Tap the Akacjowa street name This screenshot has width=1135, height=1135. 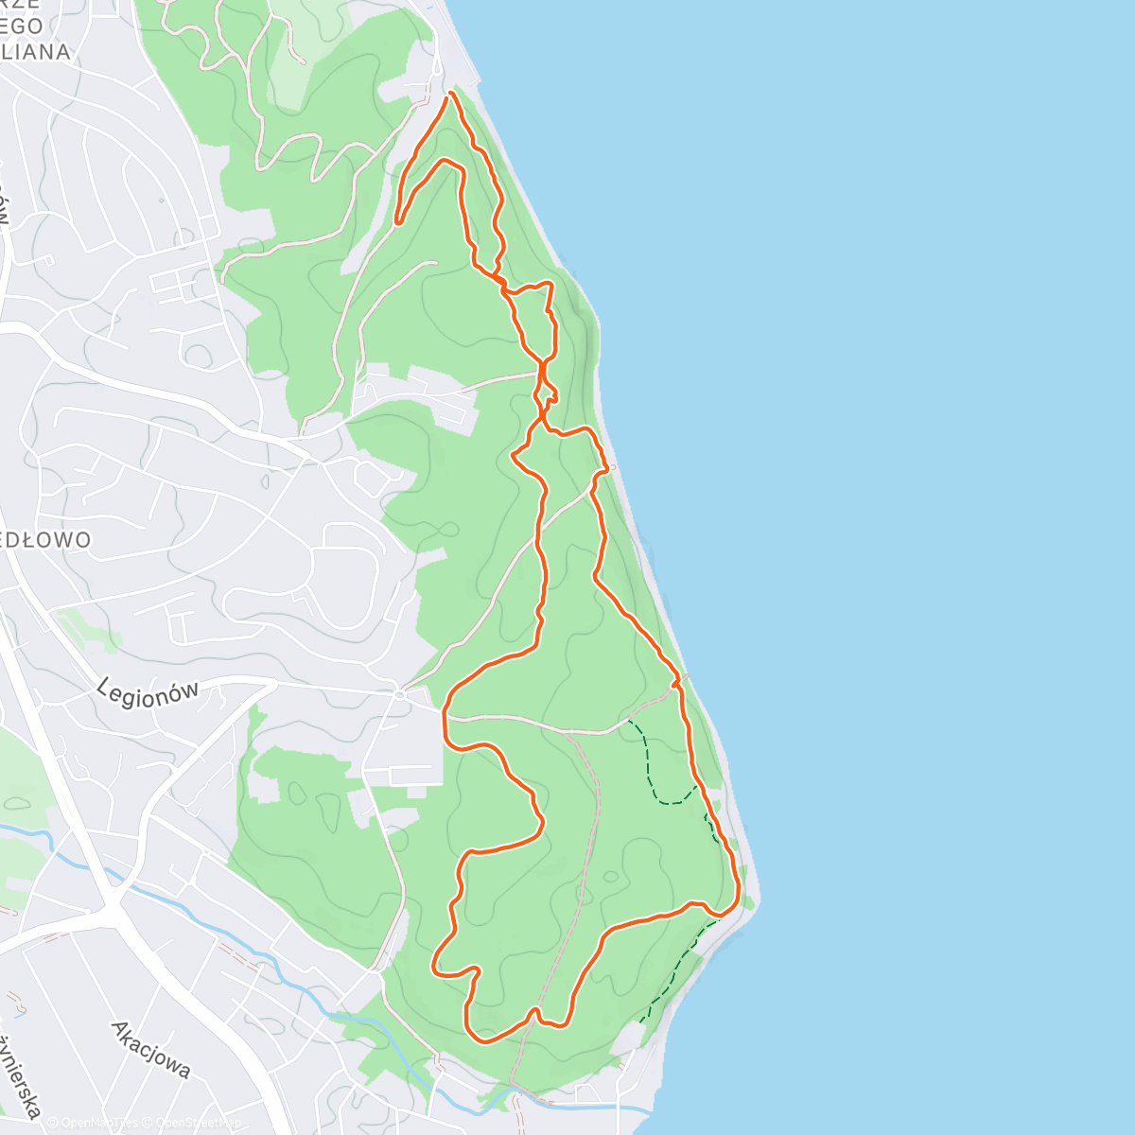[x=150, y=1049]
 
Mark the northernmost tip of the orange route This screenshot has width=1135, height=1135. [x=450, y=93]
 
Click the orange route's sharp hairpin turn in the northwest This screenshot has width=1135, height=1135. [x=398, y=222]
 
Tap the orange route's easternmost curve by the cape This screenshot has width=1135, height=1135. [x=737, y=894]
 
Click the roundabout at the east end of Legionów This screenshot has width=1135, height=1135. [x=400, y=694]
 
